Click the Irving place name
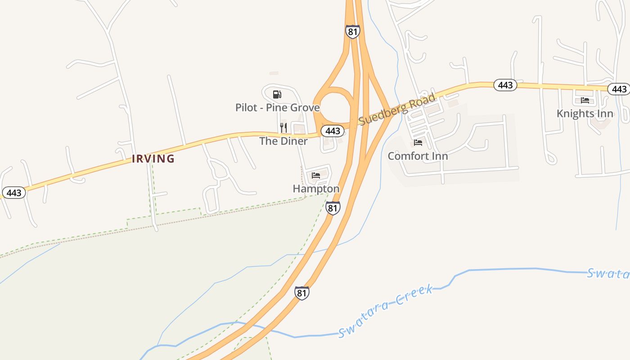click(x=153, y=159)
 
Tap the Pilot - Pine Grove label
click(x=277, y=108)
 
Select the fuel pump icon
click(x=277, y=94)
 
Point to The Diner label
click(x=283, y=141)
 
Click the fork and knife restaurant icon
click(x=283, y=128)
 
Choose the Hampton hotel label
click(x=316, y=189)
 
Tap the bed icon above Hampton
click(x=316, y=175)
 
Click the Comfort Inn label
click(x=418, y=156)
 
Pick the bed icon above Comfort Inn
click(x=418, y=143)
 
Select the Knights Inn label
click(x=585, y=113)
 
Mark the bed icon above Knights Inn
click(x=585, y=100)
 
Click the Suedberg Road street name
click(x=397, y=109)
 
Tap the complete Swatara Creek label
click(x=385, y=310)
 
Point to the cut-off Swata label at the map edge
click(x=607, y=273)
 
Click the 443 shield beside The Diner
click(x=333, y=131)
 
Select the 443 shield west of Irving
click(x=14, y=193)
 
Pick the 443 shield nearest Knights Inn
click(x=619, y=89)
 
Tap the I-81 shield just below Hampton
click(x=333, y=208)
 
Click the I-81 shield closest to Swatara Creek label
click(x=302, y=293)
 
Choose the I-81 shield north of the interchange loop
click(x=352, y=31)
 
